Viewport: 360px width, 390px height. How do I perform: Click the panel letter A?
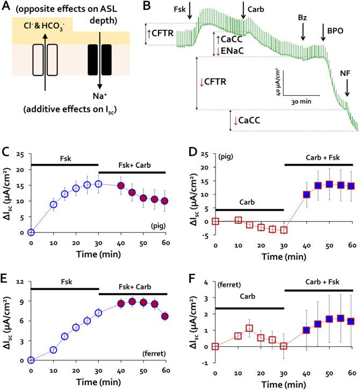[6, 7]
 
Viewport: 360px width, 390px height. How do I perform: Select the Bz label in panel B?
[303, 18]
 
